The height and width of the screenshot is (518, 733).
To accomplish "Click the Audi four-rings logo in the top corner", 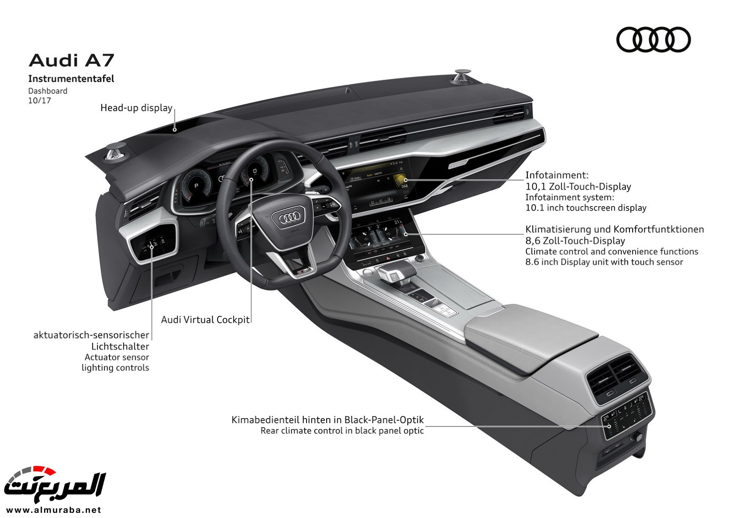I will coord(653,39).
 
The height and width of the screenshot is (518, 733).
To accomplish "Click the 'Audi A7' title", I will coord(71,60).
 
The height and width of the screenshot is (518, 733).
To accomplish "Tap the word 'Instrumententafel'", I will coord(71,79).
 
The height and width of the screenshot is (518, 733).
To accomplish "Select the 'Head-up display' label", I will coord(136,108).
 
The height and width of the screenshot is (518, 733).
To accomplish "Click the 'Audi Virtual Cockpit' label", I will coord(205,320).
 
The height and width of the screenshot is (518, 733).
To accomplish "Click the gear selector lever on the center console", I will coord(394,273).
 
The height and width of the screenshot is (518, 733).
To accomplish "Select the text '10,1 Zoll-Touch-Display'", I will coord(578,186).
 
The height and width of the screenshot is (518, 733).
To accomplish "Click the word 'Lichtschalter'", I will coord(120,346).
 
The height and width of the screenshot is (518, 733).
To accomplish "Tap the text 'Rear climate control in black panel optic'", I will coord(342,431).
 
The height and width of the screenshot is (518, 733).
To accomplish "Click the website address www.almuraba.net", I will coord(54,509).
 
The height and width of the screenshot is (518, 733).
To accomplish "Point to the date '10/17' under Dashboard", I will coord(39,100).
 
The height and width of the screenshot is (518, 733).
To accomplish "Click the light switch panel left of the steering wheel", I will coord(154,243).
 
